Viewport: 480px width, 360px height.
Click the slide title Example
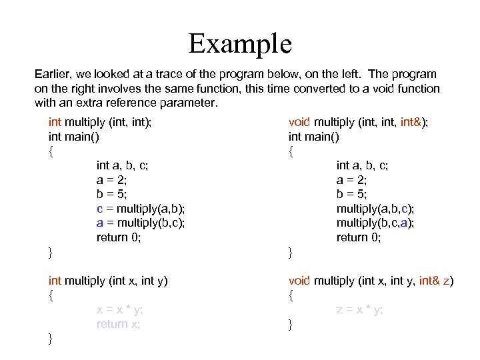240,44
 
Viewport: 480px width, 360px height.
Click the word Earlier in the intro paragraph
53,74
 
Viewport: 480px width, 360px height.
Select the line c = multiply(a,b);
141,209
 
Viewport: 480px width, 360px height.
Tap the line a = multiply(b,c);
141,223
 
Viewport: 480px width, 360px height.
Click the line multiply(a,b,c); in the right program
375,209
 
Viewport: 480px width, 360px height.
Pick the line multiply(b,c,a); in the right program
375,223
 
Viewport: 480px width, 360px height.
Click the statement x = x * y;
119,309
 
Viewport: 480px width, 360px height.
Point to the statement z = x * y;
359,309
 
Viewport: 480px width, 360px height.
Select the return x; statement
118,324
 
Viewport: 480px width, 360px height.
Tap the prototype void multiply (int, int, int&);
359,122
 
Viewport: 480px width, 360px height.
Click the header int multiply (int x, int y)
108,281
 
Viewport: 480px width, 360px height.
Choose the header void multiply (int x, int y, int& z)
371,281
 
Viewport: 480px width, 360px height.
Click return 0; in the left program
119,237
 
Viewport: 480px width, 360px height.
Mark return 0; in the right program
359,237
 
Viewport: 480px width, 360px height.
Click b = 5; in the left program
112,194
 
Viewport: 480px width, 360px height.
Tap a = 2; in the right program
352,180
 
